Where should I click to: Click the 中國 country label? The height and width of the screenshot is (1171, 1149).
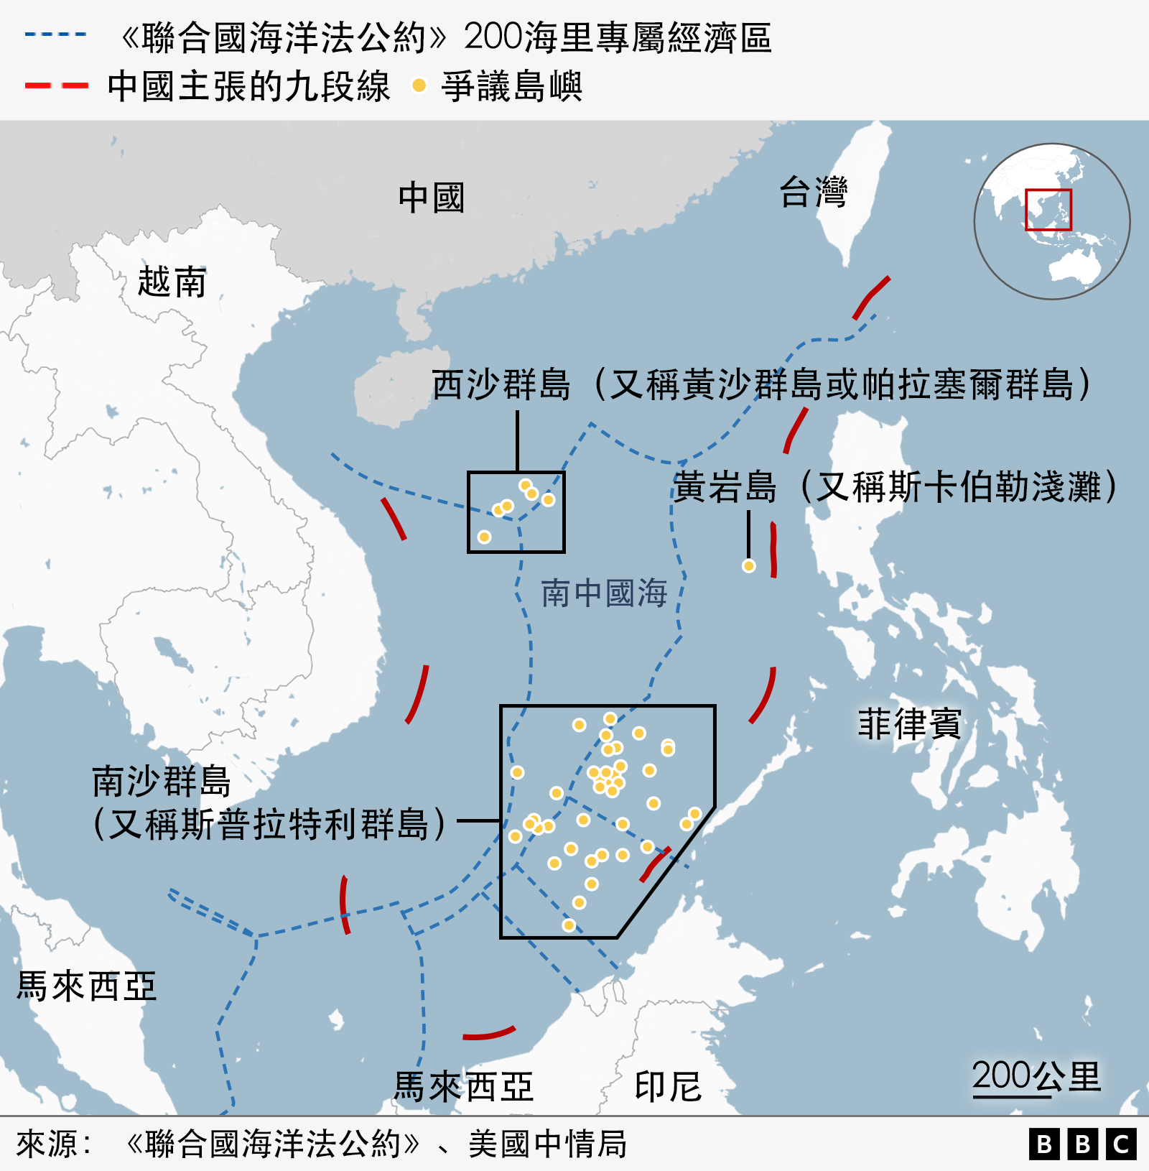point(431,198)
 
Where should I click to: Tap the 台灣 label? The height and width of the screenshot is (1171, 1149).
point(813,192)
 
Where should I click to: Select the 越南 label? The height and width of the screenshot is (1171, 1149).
point(172,281)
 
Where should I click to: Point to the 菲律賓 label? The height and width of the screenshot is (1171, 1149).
point(909,723)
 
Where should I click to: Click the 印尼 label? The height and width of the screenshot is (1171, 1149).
point(667,1086)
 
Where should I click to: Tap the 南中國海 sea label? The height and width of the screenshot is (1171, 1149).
point(604,593)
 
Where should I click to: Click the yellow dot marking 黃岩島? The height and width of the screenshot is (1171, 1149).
point(748,566)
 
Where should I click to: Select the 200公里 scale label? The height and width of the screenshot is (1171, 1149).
point(1036,1076)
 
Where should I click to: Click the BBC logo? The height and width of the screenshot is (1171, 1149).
point(1082,1144)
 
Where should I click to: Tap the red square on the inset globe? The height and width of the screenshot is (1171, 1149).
point(1048,209)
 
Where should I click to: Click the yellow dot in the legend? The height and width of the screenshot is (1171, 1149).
point(419,86)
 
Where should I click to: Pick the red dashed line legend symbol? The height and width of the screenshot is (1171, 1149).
point(56,85)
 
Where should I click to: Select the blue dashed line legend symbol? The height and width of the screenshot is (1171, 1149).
point(55,34)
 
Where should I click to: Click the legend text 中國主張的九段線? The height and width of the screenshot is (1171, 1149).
point(248,86)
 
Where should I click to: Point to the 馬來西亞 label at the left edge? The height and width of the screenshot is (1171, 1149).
point(86,986)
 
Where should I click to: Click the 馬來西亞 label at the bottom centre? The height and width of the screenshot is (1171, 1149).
point(463,1086)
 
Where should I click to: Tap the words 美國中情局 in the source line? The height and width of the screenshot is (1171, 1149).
point(547,1144)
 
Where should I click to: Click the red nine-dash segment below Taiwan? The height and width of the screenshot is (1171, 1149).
point(871,297)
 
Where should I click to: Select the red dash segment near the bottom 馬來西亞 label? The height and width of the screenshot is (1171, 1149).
point(489,1034)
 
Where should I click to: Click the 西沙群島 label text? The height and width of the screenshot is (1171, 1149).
point(501,384)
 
